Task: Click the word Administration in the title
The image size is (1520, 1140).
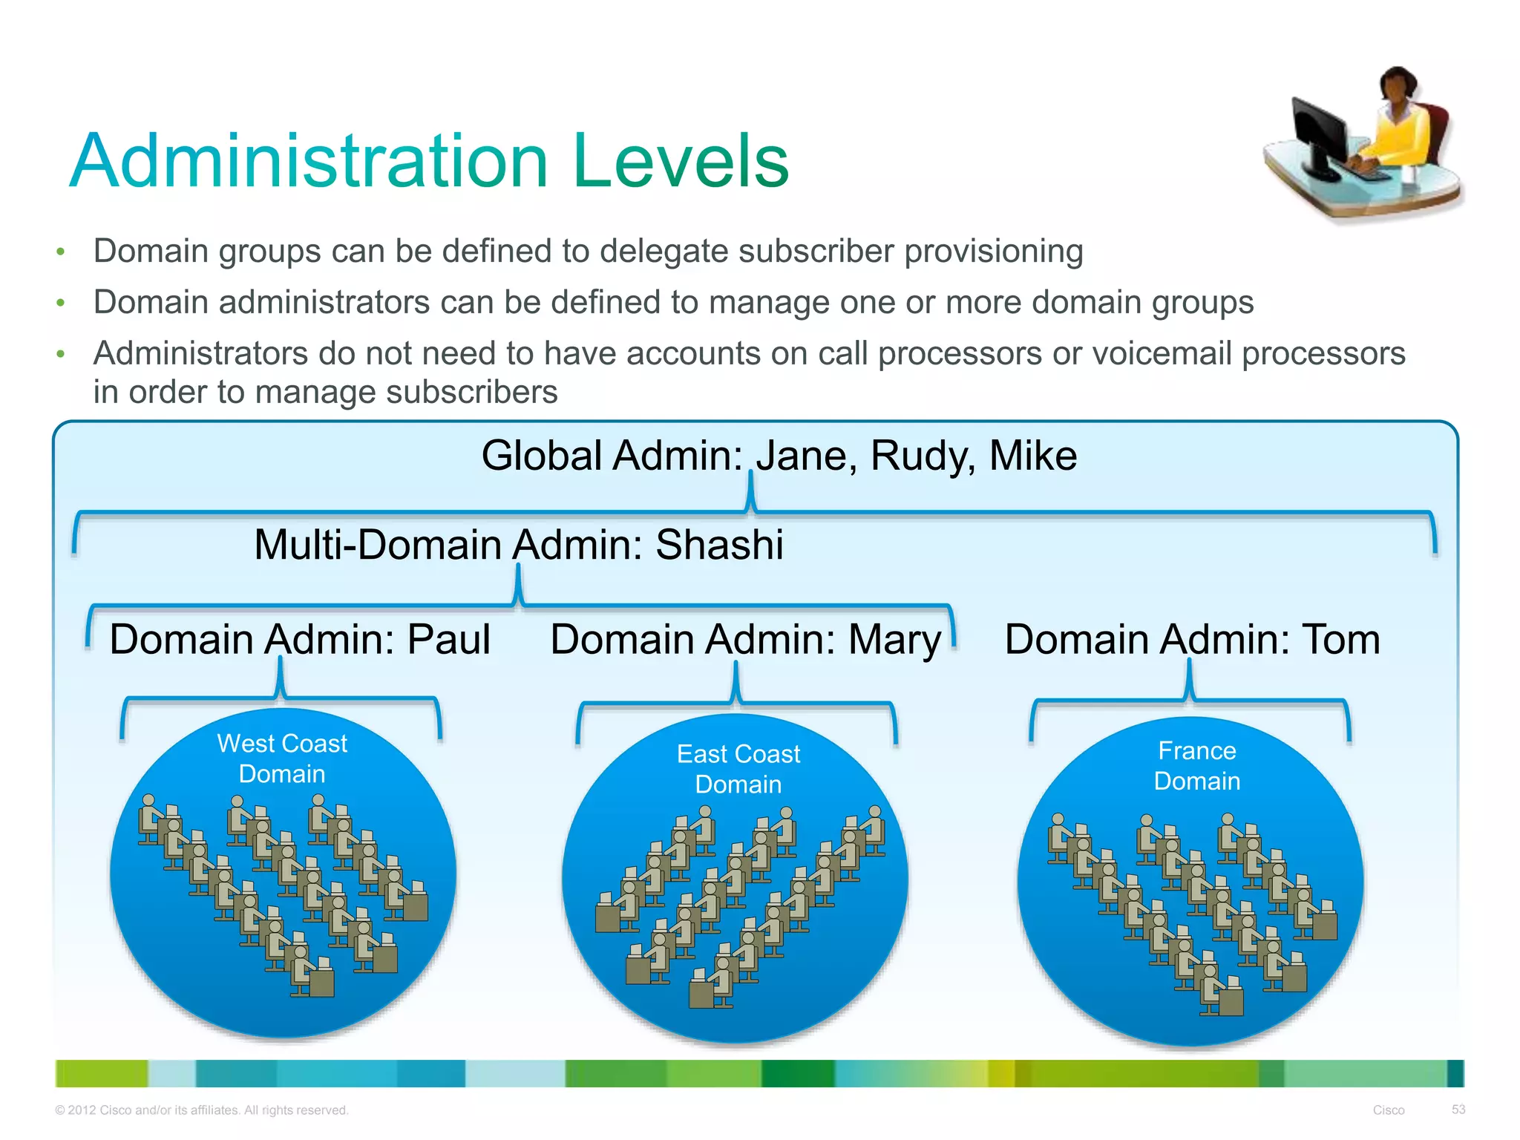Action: (x=309, y=161)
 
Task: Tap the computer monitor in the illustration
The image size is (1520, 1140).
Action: (x=1320, y=137)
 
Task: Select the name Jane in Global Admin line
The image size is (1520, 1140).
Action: (x=802, y=456)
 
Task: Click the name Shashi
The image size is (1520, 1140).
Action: (x=719, y=545)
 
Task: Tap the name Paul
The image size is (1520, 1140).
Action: (x=449, y=639)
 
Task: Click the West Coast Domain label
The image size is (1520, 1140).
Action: (x=282, y=759)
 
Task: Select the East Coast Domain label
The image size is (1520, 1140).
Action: (x=738, y=769)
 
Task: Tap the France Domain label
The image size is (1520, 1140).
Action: (x=1196, y=766)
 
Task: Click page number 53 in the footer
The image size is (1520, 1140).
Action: (x=1458, y=1109)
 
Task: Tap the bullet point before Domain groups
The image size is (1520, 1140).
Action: (x=61, y=252)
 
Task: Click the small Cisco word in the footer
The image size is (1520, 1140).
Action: (x=1388, y=1110)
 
